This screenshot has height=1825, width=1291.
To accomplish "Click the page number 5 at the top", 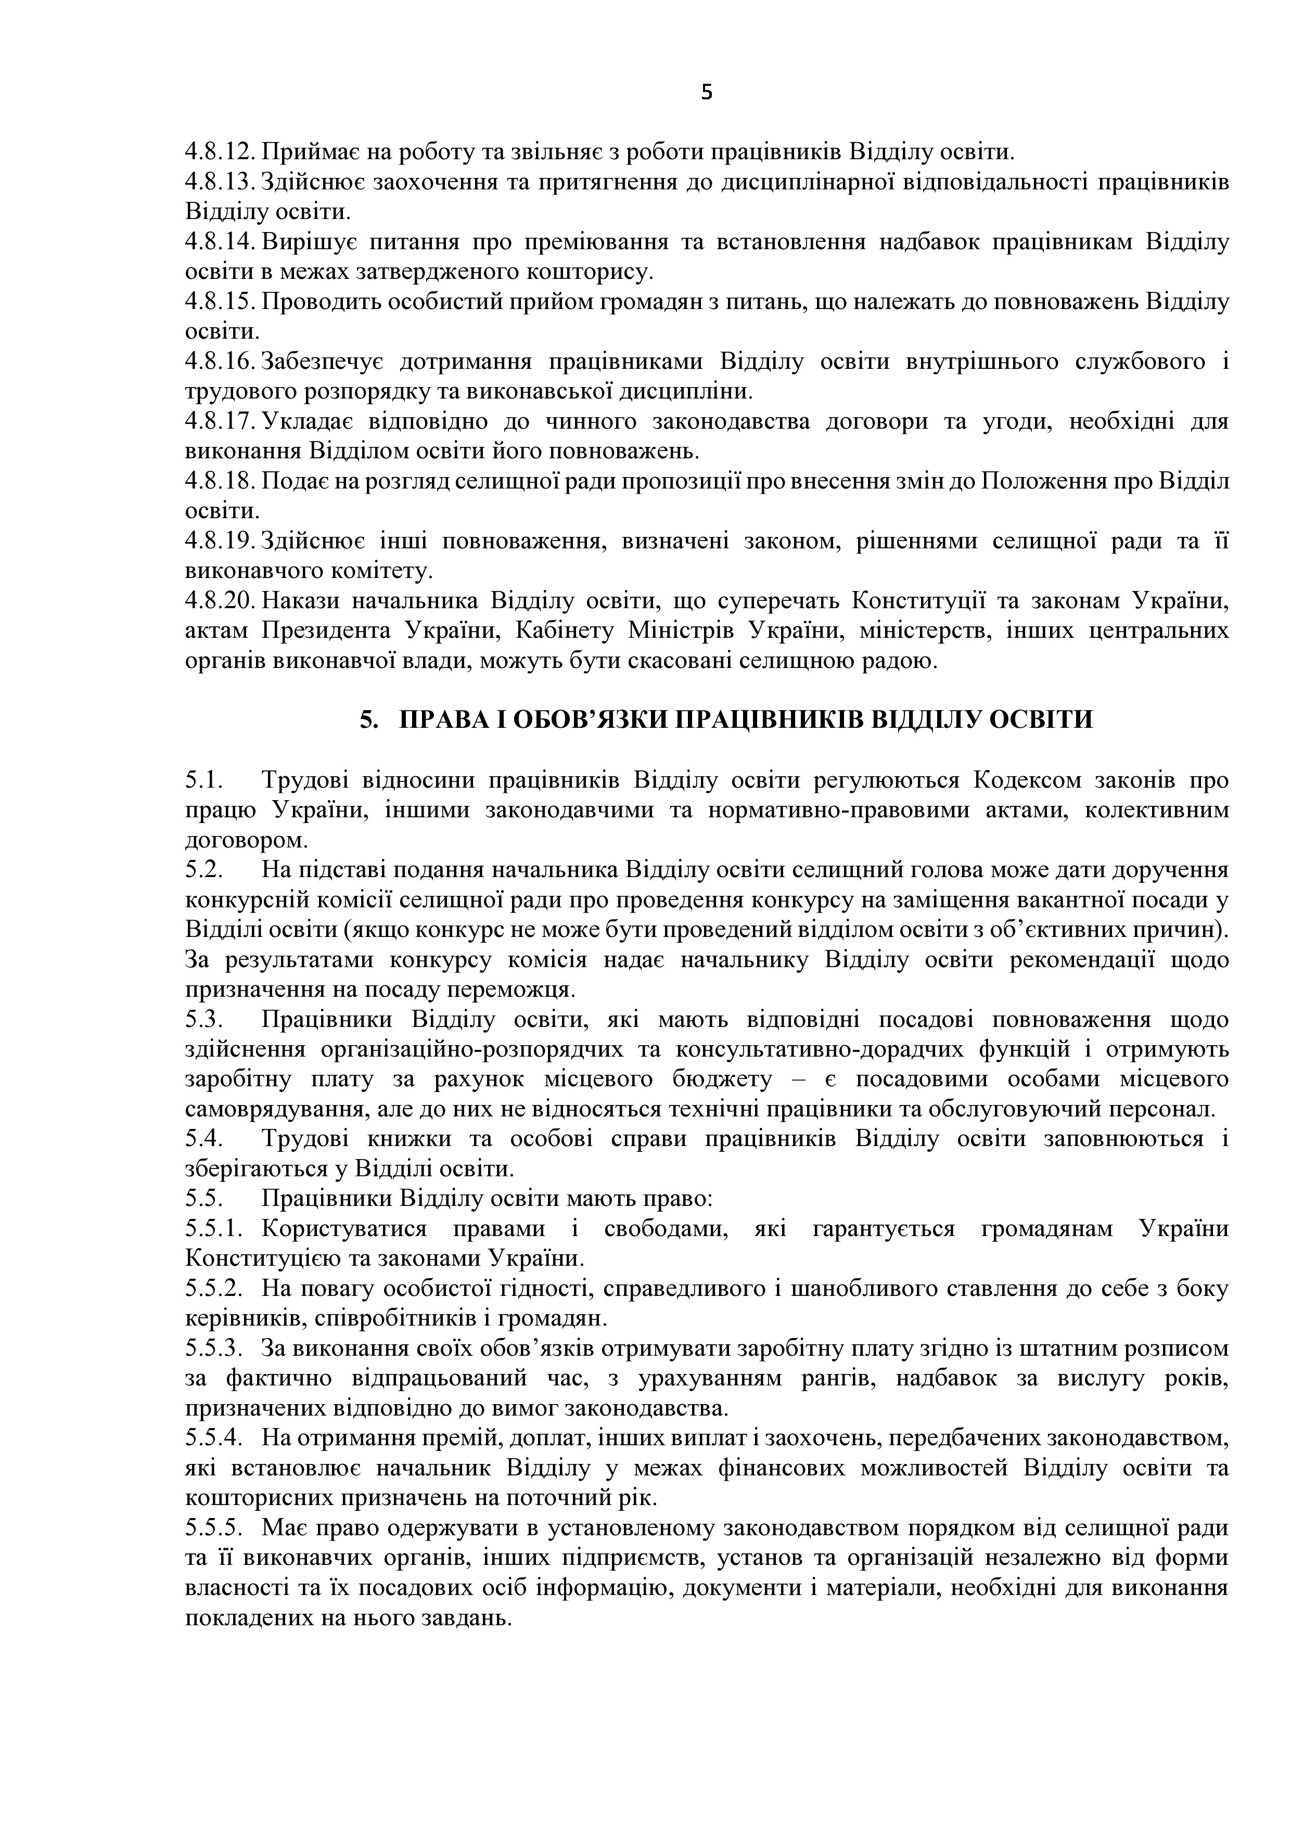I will coord(707,94).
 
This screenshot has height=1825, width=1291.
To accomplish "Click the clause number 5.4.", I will coord(203,1139).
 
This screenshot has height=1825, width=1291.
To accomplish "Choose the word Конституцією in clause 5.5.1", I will coord(264,1259).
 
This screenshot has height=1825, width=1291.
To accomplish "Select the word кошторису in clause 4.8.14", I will coord(589,272).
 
